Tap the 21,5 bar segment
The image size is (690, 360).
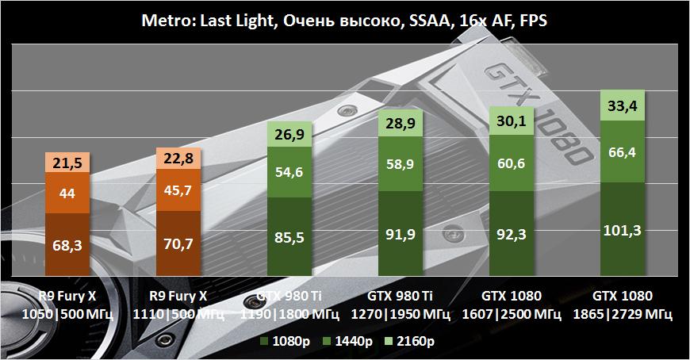[x=69, y=163]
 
